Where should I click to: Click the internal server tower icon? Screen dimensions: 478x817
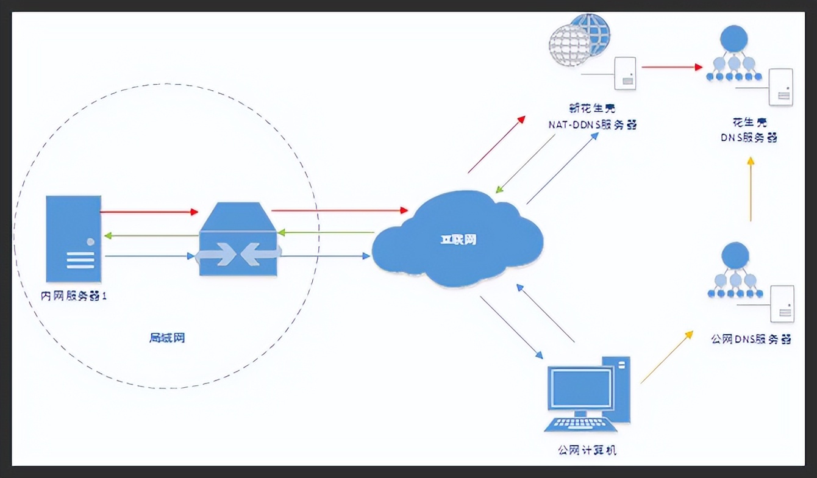click(73, 239)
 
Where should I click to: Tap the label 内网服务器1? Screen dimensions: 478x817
click(73, 297)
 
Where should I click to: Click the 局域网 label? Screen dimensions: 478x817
click(166, 338)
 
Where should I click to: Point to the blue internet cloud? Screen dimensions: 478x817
click(457, 241)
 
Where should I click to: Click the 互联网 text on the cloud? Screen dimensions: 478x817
click(458, 240)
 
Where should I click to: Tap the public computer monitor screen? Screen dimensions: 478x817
click(580, 388)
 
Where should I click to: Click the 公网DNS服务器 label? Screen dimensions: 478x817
click(751, 339)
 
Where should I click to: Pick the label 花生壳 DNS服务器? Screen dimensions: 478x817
click(750, 130)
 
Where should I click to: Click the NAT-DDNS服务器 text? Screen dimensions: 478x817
click(591, 124)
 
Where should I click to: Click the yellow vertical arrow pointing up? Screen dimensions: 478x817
click(751, 189)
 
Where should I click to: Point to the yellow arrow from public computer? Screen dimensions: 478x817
click(666, 357)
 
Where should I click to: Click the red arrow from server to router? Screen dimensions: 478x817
click(149, 212)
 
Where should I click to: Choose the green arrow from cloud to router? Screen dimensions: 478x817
click(326, 232)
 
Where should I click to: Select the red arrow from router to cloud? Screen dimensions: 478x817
click(340, 210)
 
